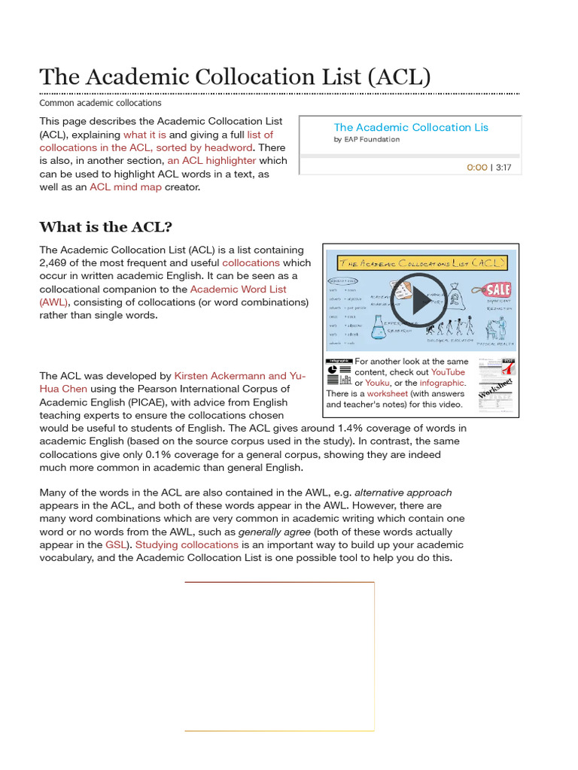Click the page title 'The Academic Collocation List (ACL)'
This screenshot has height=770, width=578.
coord(235,77)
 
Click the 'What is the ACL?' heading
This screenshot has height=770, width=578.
coord(106,227)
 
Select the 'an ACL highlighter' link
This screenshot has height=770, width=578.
coord(211,161)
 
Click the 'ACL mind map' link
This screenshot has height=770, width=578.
coord(125,186)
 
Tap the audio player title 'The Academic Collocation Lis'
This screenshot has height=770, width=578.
coord(410,128)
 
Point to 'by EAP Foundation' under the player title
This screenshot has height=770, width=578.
coord(367,140)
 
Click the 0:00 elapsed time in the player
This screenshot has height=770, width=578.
coord(476,168)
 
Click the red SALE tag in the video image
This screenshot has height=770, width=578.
coord(497,290)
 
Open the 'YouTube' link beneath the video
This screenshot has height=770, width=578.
coord(447,372)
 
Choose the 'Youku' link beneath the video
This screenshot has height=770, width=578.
coord(377,383)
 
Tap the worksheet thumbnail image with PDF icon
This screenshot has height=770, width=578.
coord(497,385)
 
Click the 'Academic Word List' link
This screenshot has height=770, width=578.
coord(238,290)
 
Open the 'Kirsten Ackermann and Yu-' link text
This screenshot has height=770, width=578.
coord(240,376)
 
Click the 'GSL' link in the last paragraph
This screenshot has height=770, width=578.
coord(116,545)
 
